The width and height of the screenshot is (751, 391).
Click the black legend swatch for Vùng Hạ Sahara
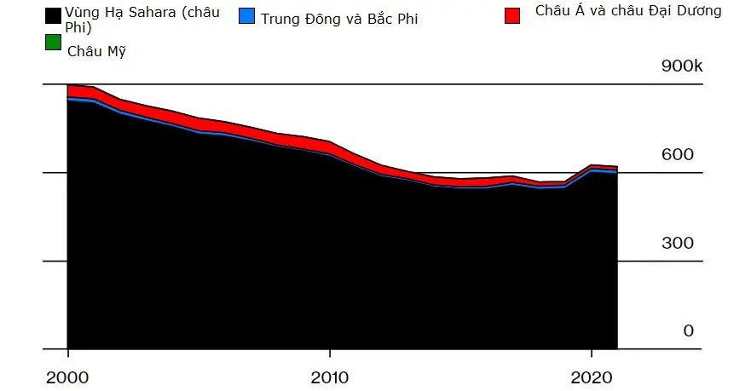(52, 15)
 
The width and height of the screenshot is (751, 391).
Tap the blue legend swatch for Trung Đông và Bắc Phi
(247, 15)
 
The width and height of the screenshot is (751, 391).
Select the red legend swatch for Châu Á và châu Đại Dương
(512, 15)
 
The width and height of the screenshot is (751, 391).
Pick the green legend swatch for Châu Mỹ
(52, 41)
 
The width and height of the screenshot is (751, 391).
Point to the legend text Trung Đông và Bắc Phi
(339, 19)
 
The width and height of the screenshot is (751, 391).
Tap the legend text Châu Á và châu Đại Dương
(628, 11)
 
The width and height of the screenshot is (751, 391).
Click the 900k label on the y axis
(682, 66)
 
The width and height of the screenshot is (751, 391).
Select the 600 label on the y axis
(678, 155)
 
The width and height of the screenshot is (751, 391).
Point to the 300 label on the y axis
(678, 244)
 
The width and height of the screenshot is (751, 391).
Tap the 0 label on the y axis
(688, 331)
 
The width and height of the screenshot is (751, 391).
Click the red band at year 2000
(68, 92)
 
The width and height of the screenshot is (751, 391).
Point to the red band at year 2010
(329, 148)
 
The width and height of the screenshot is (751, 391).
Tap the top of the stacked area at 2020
(591, 165)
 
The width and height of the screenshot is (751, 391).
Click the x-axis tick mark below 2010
(329, 354)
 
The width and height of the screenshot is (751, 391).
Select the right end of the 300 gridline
(702, 262)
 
